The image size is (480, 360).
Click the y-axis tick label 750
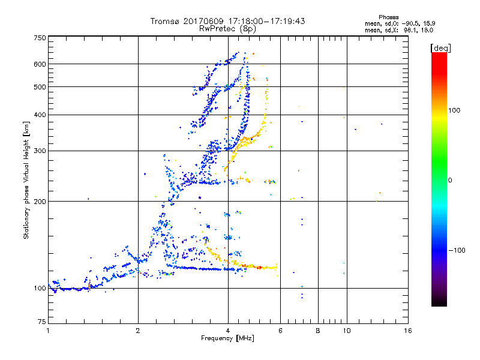pyautogui.click(x=39, y=38)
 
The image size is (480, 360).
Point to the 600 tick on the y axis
pyautogui.click(x=39, y=64)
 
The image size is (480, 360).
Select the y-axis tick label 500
pyautogui.click(x=39, y=87)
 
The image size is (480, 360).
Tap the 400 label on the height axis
pyautogui.click(x=39, y=115)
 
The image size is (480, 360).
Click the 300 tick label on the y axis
pyautogui.click(x=39, y=151)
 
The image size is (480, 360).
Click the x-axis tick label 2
pyautogui.click(x=138, y=331)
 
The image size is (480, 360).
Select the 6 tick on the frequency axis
pyautogui.click(x=280, y=331)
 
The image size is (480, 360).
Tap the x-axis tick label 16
pyautogui.click(x=407, y=331)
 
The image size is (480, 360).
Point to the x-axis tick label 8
pyautogui.click(x=318, y=331)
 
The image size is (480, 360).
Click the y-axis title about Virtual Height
pyautogui.click(x=26, y=181)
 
